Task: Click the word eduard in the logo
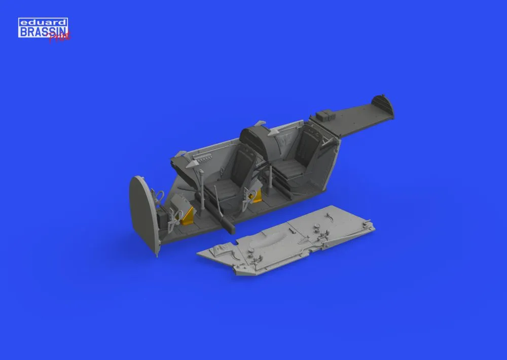[x=43, y=22]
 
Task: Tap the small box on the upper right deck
[x=322, y=116]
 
